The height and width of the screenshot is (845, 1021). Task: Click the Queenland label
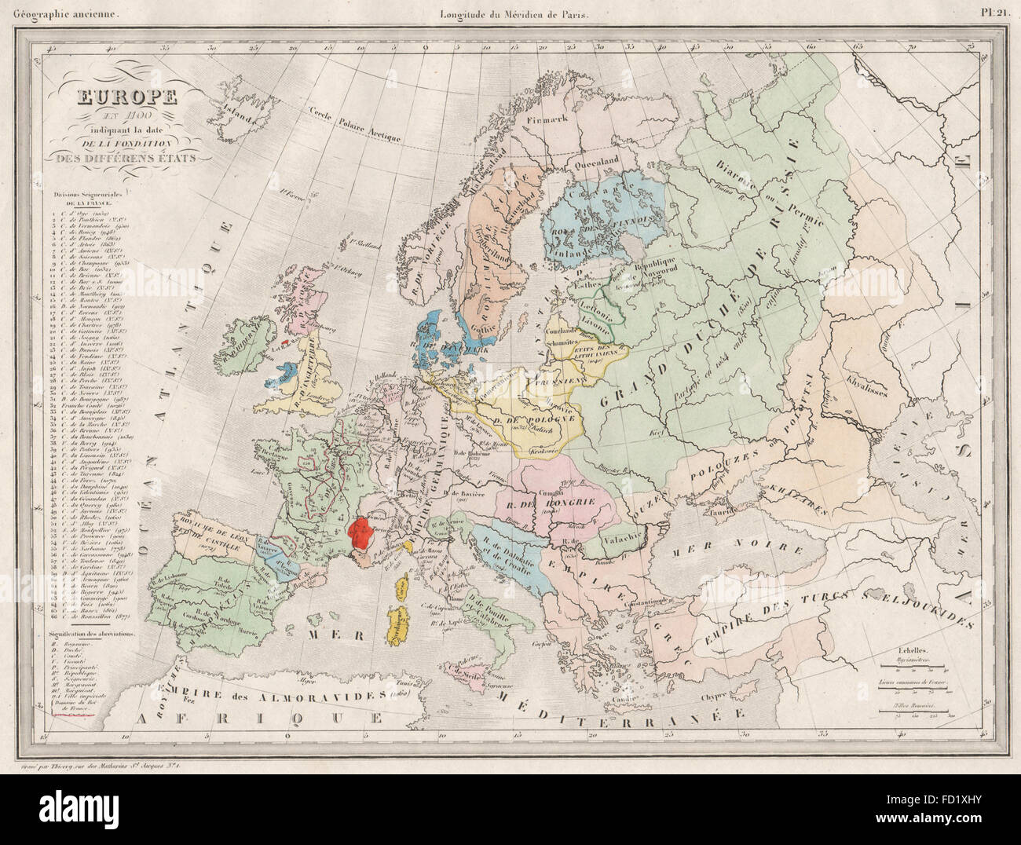tap(600, 157)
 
